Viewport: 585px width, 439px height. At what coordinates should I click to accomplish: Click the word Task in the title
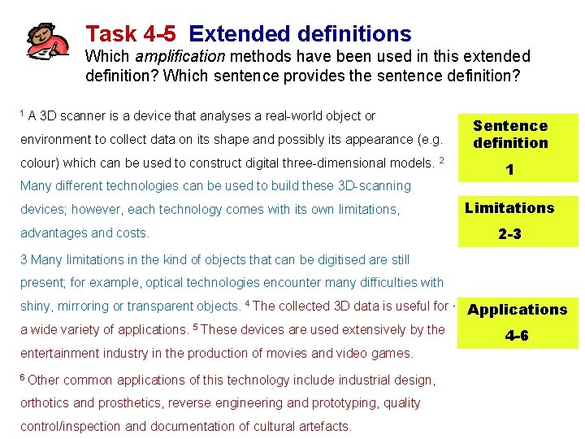tap(110, 34)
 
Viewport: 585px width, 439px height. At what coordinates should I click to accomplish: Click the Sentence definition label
tap(510, 134)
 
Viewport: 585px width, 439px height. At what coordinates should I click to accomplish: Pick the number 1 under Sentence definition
tap(509, 171)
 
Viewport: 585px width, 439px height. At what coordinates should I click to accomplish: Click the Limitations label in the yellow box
tap(509, 208)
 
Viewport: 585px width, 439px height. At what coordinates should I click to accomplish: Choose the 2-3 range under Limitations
tap(509, 234)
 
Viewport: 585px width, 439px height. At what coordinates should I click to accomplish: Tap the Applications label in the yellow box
tap(518, 310)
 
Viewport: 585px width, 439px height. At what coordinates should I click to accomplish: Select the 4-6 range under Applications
tap(517, 336)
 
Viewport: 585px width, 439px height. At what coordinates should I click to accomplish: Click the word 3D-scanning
tap(371, 185)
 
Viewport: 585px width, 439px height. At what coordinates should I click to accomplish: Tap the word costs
tap(132, 233)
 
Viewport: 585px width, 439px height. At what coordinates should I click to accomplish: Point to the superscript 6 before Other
tap(23, 377)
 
